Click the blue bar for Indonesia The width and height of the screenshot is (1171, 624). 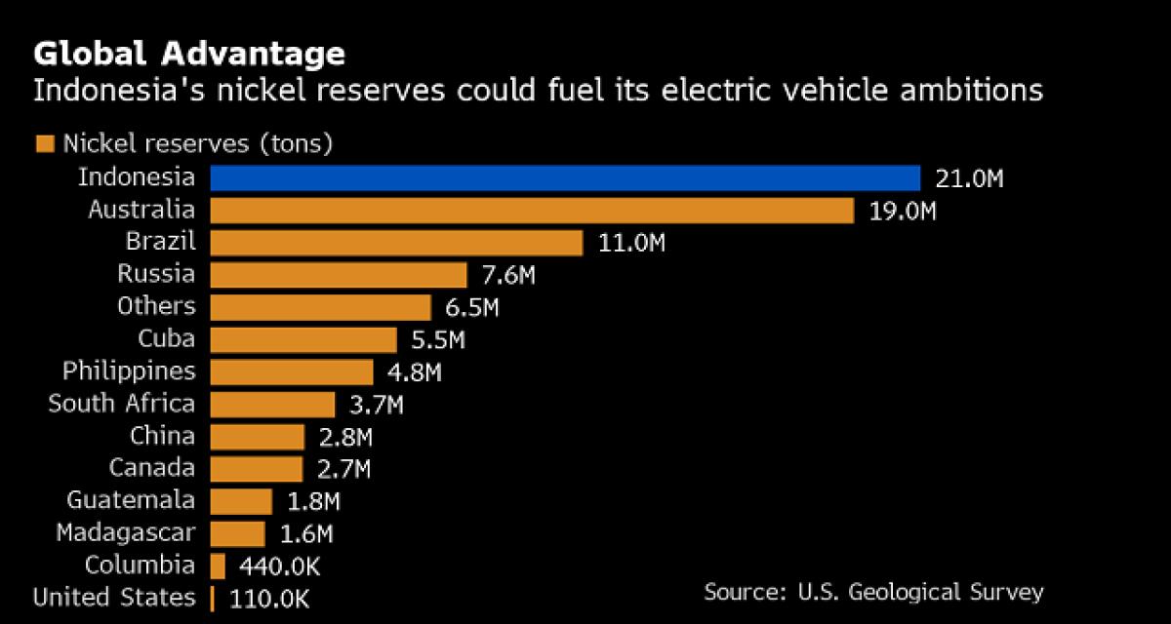564,178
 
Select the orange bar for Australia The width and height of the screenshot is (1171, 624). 532,211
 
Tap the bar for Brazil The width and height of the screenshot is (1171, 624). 396,243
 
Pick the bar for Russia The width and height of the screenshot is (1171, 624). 339,275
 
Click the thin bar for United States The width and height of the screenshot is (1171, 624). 212,598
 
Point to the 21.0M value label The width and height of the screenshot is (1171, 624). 970,178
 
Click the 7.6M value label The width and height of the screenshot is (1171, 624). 507,275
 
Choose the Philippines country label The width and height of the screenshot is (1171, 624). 129,371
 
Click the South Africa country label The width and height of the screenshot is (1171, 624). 122,404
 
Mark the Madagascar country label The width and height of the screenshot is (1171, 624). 126,532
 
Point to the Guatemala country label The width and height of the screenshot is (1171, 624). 131,500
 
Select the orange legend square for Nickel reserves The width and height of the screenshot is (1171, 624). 44,145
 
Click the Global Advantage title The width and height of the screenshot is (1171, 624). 189,53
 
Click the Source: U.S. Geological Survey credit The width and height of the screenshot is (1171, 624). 873,592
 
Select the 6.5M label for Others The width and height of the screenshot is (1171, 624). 470,307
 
